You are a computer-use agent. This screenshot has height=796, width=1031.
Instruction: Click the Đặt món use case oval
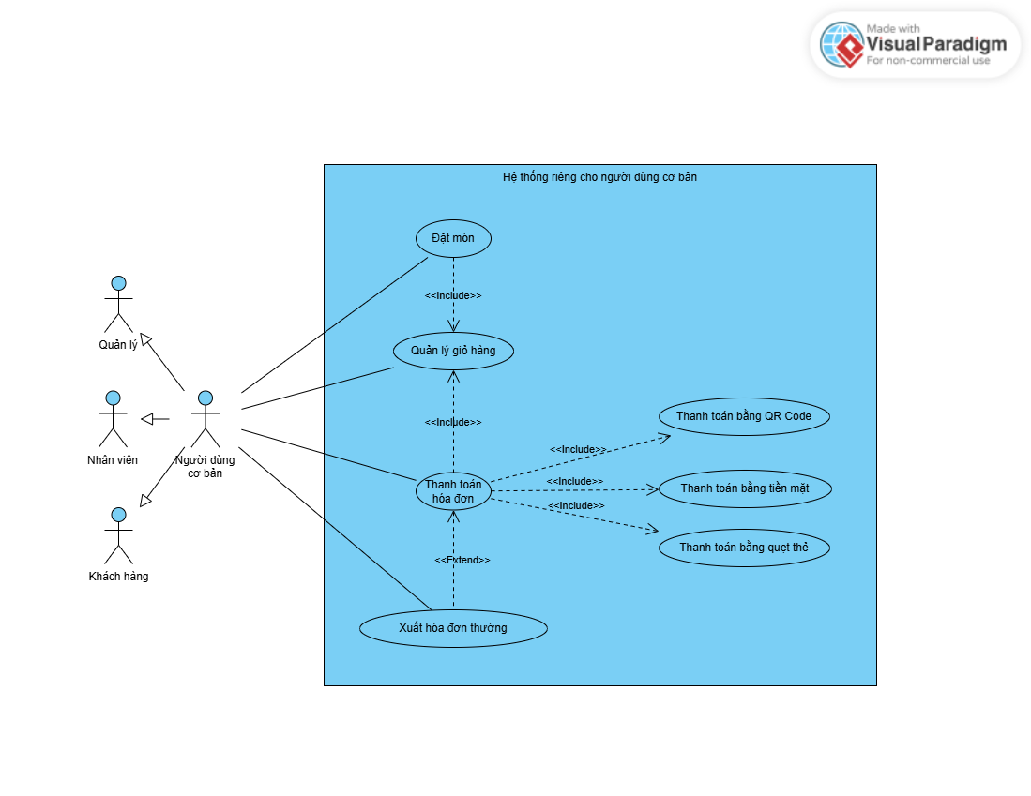point(453,238)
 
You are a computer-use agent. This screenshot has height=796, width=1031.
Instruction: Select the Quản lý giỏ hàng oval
point(453,351)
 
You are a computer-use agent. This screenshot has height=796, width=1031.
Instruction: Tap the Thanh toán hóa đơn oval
point(453,491)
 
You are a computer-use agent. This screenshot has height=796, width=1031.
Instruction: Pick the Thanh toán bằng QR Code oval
point(744,416)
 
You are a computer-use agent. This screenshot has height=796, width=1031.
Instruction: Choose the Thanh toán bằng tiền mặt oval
point(744,488)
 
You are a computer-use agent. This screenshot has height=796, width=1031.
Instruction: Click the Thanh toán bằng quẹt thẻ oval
point(744,548)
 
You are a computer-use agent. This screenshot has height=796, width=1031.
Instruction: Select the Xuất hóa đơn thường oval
point(453,628)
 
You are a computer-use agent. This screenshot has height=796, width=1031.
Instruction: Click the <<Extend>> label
point(462,560)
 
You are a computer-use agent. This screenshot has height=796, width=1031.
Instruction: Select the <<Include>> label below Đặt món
point(453,295)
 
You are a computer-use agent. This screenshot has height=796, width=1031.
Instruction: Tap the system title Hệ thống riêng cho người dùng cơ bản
point(599,176)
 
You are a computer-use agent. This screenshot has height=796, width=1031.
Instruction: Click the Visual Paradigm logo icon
point(841,44)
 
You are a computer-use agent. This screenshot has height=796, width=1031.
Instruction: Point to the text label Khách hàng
point(118,577)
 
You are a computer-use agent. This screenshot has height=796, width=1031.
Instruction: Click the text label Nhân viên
point(113,460)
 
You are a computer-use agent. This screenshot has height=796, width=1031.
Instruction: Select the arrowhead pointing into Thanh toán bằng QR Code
point(665,436)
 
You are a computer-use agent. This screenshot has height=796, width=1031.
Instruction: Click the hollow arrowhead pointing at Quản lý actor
point(144,338)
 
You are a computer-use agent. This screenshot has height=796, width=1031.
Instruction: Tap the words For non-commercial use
point(928,61)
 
